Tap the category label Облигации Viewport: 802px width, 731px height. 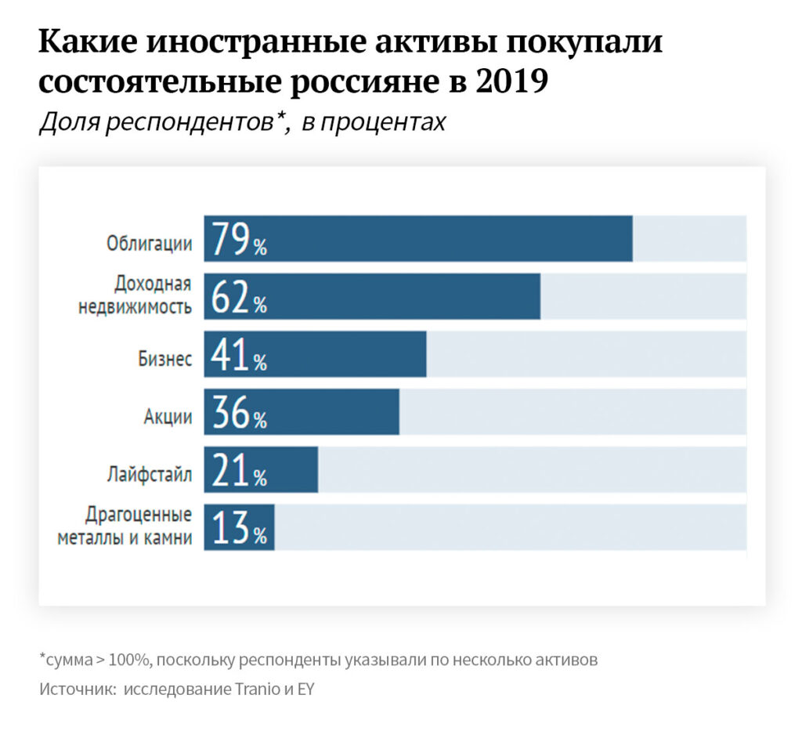[x=150, y=244]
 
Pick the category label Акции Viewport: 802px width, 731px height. [x=168, y=417]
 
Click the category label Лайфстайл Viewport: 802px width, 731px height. [x=150, y=475]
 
